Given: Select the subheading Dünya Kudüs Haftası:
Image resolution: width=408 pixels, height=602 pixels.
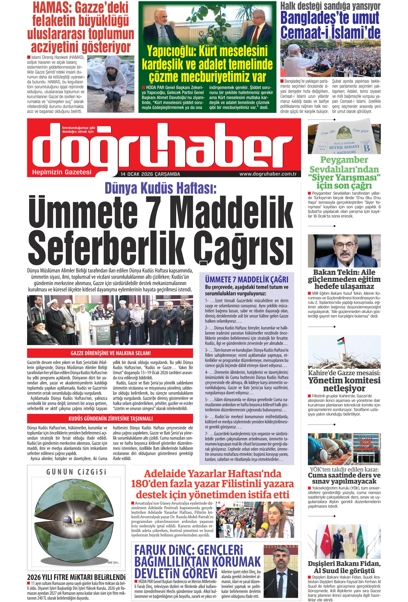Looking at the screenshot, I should pyautogui.click(x=160, y=188).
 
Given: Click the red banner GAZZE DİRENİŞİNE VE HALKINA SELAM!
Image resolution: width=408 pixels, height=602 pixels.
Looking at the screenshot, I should pyautogui.click(x=110, y=353).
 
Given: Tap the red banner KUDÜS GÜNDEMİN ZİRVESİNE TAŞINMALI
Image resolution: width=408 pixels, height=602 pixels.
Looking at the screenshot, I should pyautogui.click(x=110, y=418).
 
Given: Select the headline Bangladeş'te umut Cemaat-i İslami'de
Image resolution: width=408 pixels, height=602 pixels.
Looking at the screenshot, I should pyautogui.click(x=330, y=25).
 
